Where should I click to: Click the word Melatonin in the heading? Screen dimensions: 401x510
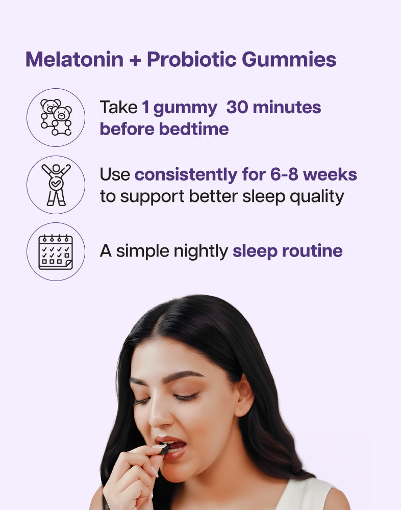tap(74, 59)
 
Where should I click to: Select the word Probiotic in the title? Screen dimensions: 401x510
tap(191, 59)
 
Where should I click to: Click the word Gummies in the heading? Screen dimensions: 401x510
tap(289, 59)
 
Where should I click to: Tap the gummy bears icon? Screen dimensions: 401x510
tap(56, 117)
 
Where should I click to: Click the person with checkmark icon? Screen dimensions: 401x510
tap(56, 185)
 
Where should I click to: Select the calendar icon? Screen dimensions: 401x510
tap(56, 252)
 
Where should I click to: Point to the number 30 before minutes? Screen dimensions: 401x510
tap(237, 107)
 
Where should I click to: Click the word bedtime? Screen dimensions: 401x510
tap(194, 129)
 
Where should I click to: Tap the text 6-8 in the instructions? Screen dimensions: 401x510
tap(284, 174)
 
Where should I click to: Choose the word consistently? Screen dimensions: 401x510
tap(186, 175)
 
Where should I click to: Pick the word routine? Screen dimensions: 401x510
tap(312, 251)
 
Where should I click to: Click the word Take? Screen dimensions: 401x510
tap(118, 107)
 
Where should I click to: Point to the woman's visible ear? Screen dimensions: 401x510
tap(244, 395)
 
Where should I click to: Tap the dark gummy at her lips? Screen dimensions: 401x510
tap(164, 449)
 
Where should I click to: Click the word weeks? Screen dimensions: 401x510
tap(330, 174)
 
